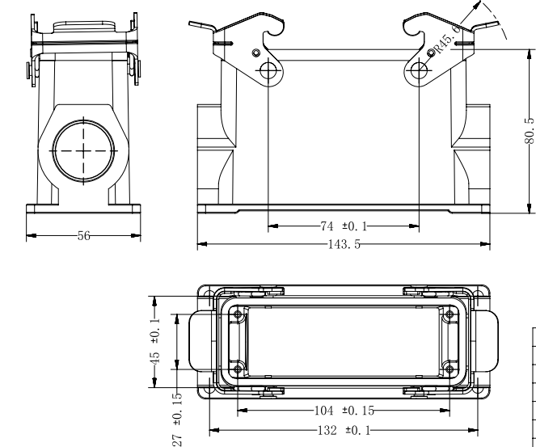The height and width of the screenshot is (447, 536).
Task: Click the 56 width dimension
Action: [x=84, y=236]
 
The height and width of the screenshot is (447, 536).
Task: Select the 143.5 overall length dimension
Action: [x=344, y=244]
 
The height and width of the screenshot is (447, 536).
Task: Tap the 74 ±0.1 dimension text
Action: [x=344, y=226]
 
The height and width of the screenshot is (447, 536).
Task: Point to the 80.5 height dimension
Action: [x=530, y=131]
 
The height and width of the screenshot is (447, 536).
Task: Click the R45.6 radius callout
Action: [x=448, y=40]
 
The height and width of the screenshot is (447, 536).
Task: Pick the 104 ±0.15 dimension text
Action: [x=344, y=411]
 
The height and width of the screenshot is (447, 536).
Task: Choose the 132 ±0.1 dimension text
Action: [x=344, y=430]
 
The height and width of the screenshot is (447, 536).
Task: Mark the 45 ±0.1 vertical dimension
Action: [x=155, y=342]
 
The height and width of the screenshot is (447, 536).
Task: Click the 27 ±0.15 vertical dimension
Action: [x=177, y=420]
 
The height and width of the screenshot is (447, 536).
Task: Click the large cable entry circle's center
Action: [x=84, y=150]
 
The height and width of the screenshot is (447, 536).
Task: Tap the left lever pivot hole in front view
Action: [x=268, y=70]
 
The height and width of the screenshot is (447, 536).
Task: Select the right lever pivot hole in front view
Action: [x=419, y=70]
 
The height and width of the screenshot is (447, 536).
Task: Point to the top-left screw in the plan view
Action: [x=238, y=314]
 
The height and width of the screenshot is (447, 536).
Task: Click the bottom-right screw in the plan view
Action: [x=449, y=369]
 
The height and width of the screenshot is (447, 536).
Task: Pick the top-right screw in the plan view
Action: [x=449, y=314]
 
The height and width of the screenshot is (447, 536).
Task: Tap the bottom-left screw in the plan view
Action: [x=238, y=369]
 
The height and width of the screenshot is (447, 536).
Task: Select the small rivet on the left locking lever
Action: [x=256, y=53]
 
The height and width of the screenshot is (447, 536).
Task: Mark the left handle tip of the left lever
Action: [x=189, y=23]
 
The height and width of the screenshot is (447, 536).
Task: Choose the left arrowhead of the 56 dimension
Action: [x=32, y=236]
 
